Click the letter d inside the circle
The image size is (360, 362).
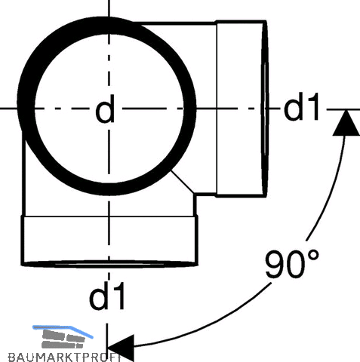105,109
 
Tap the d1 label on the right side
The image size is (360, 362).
302,106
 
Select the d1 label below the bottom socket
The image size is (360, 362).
107,296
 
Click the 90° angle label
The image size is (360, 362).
292,263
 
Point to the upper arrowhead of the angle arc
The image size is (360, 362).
346,123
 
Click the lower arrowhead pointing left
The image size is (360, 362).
121,348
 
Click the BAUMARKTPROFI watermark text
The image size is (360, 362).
64,357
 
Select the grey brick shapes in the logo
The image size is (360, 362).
63,339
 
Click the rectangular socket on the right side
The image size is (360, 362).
242,109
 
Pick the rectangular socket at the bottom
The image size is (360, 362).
109,241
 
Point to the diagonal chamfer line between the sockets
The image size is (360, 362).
183,182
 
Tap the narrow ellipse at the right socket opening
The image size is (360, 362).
265,109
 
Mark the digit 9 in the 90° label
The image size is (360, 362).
276,264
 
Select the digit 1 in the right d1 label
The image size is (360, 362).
313,106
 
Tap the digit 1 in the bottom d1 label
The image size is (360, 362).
118,296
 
